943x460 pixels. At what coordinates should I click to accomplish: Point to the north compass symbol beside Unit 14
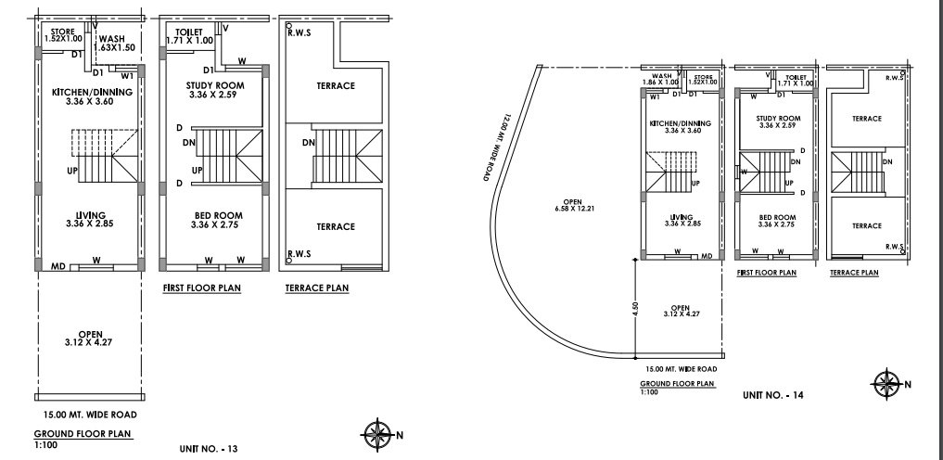pyautogui.click(x=887, y=382)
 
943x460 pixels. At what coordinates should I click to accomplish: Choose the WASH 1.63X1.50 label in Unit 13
pyautogui.click(x=118, y=43)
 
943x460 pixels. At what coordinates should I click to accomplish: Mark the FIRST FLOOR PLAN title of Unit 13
pyautogui.click(x=201, y=288)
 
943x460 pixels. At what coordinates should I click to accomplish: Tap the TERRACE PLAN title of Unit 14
pyautogui.click(x=854, y=273)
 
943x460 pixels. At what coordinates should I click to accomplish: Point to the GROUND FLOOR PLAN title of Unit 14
pyautogui.click(x=677, y=382)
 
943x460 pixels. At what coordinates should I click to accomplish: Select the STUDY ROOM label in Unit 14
pyautogui.click(x=777, y=121)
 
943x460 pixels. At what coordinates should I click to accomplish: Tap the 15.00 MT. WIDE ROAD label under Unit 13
pyautogui.click(x=85, y=415)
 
